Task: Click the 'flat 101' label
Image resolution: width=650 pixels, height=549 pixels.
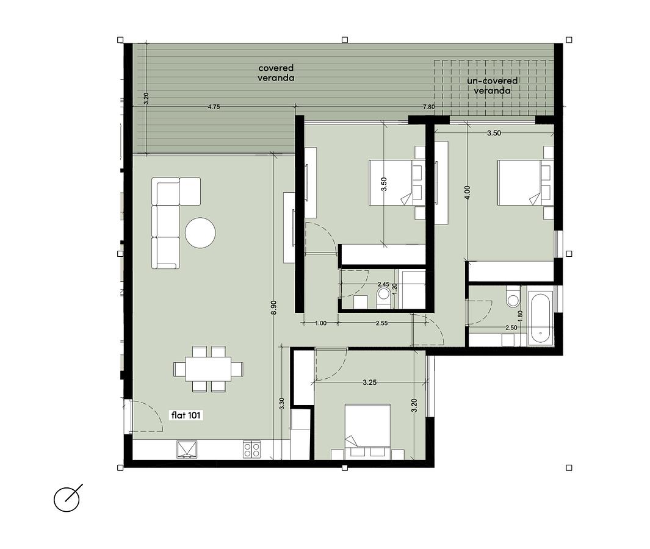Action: click(x=187, y=415)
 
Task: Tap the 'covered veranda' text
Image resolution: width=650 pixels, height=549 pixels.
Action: click(x=276, y=73)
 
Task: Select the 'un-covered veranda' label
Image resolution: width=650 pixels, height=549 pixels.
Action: click(x=492, y=86)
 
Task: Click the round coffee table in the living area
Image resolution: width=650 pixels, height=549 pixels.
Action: click(x=200, y=233)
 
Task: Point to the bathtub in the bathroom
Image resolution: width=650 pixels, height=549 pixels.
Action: click(x=541, y=317)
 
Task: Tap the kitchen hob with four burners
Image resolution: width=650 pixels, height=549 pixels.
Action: click(x=251, y=450)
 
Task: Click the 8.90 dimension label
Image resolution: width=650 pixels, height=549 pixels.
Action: click(x=273, y=307)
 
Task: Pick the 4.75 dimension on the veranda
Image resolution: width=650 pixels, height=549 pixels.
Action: click(x=214, y=107)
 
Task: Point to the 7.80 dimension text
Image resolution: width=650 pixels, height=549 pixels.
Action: click(x=428, y=107)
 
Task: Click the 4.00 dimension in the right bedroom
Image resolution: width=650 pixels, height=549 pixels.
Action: click(x=468, y=193)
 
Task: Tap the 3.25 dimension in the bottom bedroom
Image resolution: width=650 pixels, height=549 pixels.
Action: click(x=369, y=382)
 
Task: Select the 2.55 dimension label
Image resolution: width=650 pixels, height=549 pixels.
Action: click(x=381, y=323)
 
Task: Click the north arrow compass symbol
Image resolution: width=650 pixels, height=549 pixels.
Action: click(x=68, y=498)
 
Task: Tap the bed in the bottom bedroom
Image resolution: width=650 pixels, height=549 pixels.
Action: click(x=367, y=431)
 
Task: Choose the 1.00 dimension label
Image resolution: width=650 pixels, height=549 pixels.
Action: click(x=321, y=323)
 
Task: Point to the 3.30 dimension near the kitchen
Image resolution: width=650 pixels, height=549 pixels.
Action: click(x=282, y=404)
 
